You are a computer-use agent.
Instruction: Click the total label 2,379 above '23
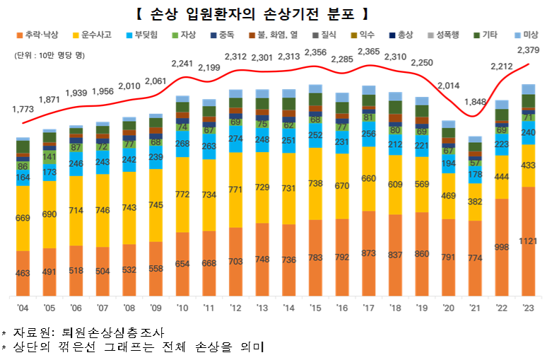tap(529, 50)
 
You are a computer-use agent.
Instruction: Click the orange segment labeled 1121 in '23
tap(529, 240)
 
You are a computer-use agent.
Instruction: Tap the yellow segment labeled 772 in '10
tap(182, 194)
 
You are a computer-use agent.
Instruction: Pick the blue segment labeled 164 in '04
tap(23, 178)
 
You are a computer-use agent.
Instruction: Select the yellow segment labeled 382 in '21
tap(474, 202)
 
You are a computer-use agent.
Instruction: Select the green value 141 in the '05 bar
tap(49, 157)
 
